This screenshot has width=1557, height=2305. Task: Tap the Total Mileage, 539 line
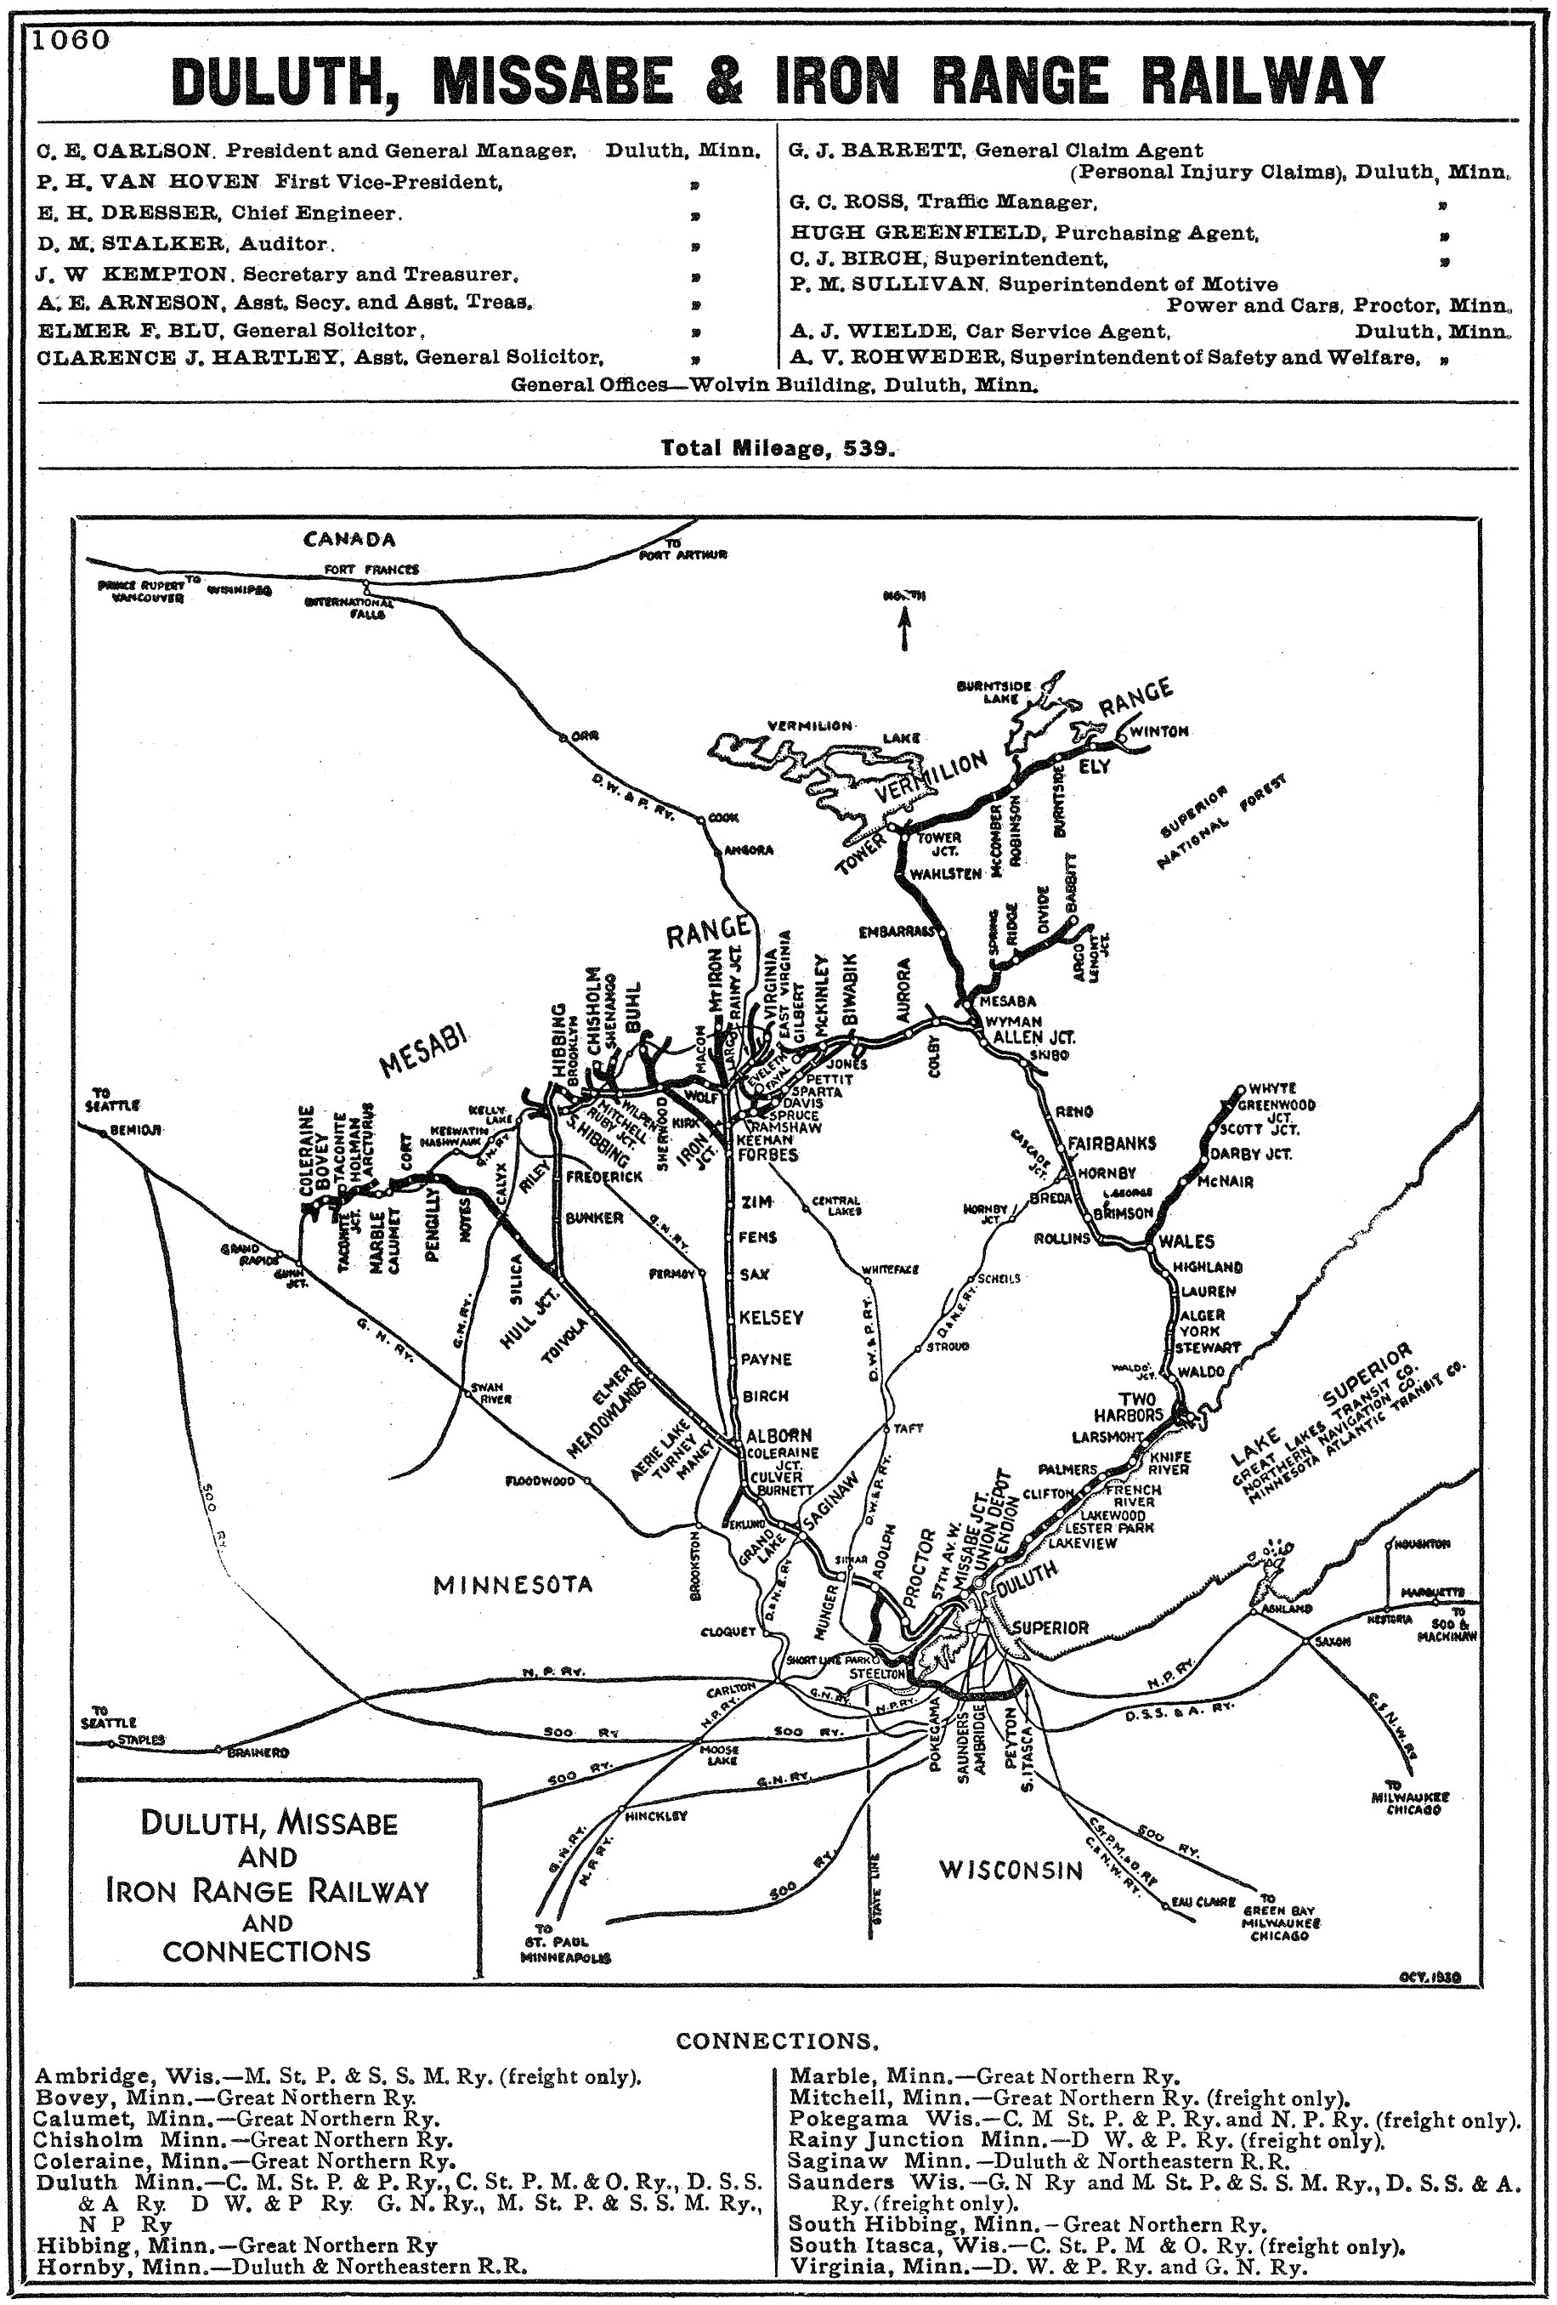click(x=778, y=447)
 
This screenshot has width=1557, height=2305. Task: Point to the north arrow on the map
click(x=903, y=629)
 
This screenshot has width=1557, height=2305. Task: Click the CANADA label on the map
click(x=349, y=540)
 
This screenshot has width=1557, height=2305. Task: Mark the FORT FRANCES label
click(x=372, y=570)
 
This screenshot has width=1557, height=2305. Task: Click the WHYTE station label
click(x=1272, y=1087)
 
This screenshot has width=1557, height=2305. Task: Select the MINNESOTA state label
click(x=512, y=1584)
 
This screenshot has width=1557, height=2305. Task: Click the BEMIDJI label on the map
click(x=136, y=1129)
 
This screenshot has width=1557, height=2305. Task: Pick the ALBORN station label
click(x=778, y=1434)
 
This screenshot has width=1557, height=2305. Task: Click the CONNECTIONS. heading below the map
click(x=777, y=2041)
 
